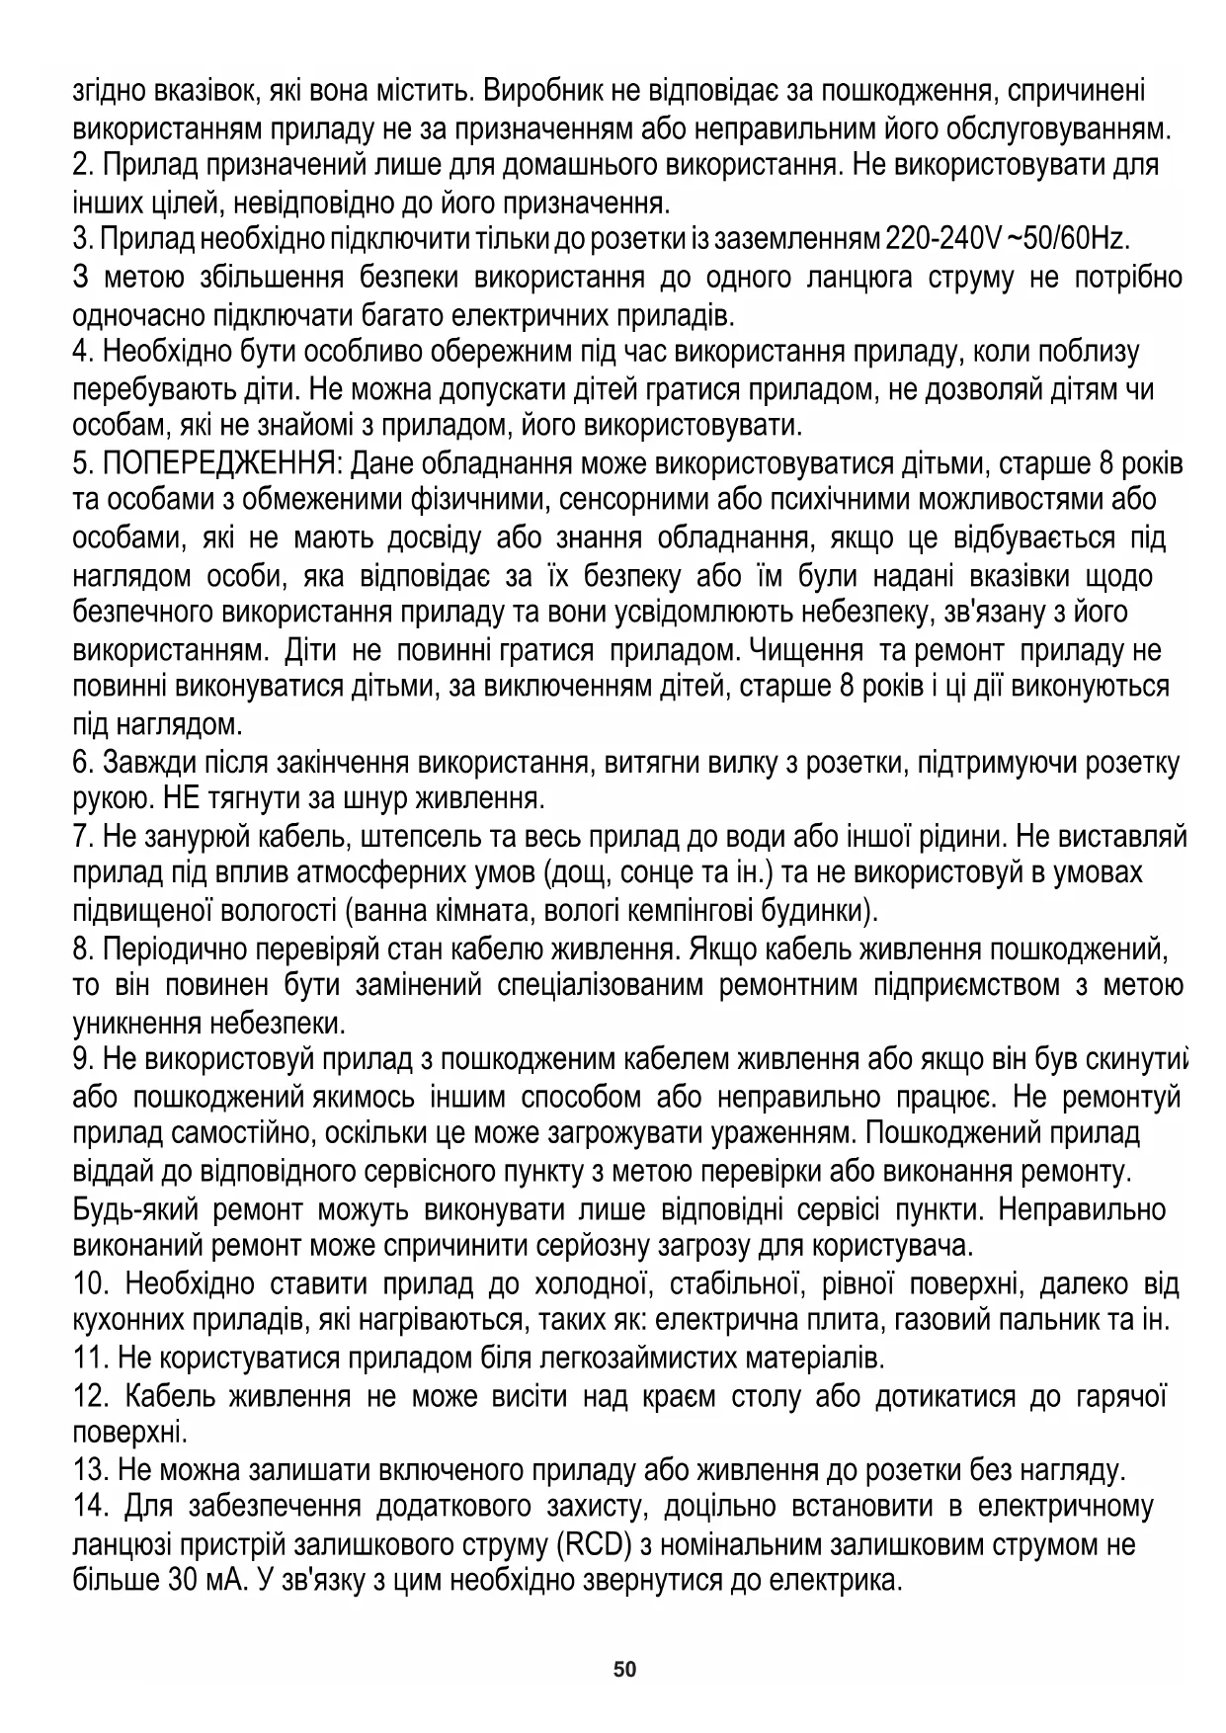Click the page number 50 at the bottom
624,1670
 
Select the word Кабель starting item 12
168,1396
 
